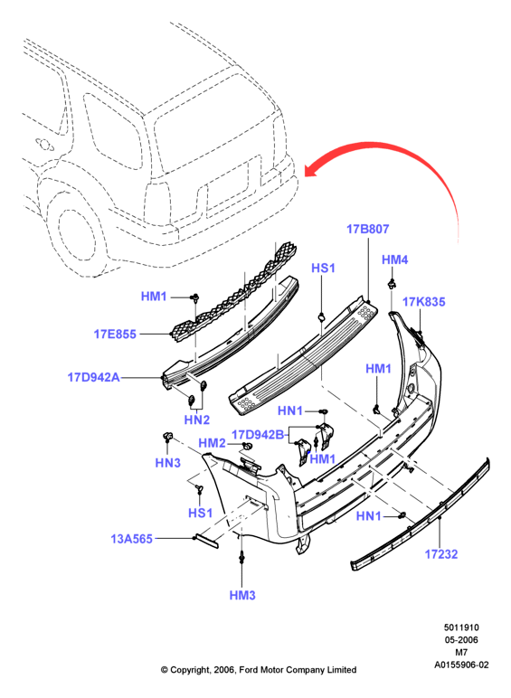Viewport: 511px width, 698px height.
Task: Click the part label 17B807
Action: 368,229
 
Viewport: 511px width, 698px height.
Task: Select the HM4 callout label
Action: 395,259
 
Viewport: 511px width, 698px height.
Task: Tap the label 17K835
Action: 424,302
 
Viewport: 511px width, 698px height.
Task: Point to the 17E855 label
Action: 115,334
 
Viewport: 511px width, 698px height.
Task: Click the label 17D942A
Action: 93,378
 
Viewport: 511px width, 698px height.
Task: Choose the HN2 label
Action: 197,420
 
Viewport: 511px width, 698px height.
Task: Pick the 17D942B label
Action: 258,435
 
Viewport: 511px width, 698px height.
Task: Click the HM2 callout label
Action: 212,443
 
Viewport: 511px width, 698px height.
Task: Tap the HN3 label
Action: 168,463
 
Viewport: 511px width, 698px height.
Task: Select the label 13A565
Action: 132,539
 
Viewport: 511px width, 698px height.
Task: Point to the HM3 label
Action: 242,595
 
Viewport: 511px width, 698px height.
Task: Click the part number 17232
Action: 441,554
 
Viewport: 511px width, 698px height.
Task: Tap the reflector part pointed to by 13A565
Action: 207,541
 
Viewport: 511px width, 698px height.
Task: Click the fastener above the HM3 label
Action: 242,557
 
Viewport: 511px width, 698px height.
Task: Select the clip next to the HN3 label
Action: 167,436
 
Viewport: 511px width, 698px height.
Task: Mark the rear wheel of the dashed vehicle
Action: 76,236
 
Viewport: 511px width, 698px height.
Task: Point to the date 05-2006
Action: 461,640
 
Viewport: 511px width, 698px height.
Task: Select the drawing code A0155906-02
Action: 461,665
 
